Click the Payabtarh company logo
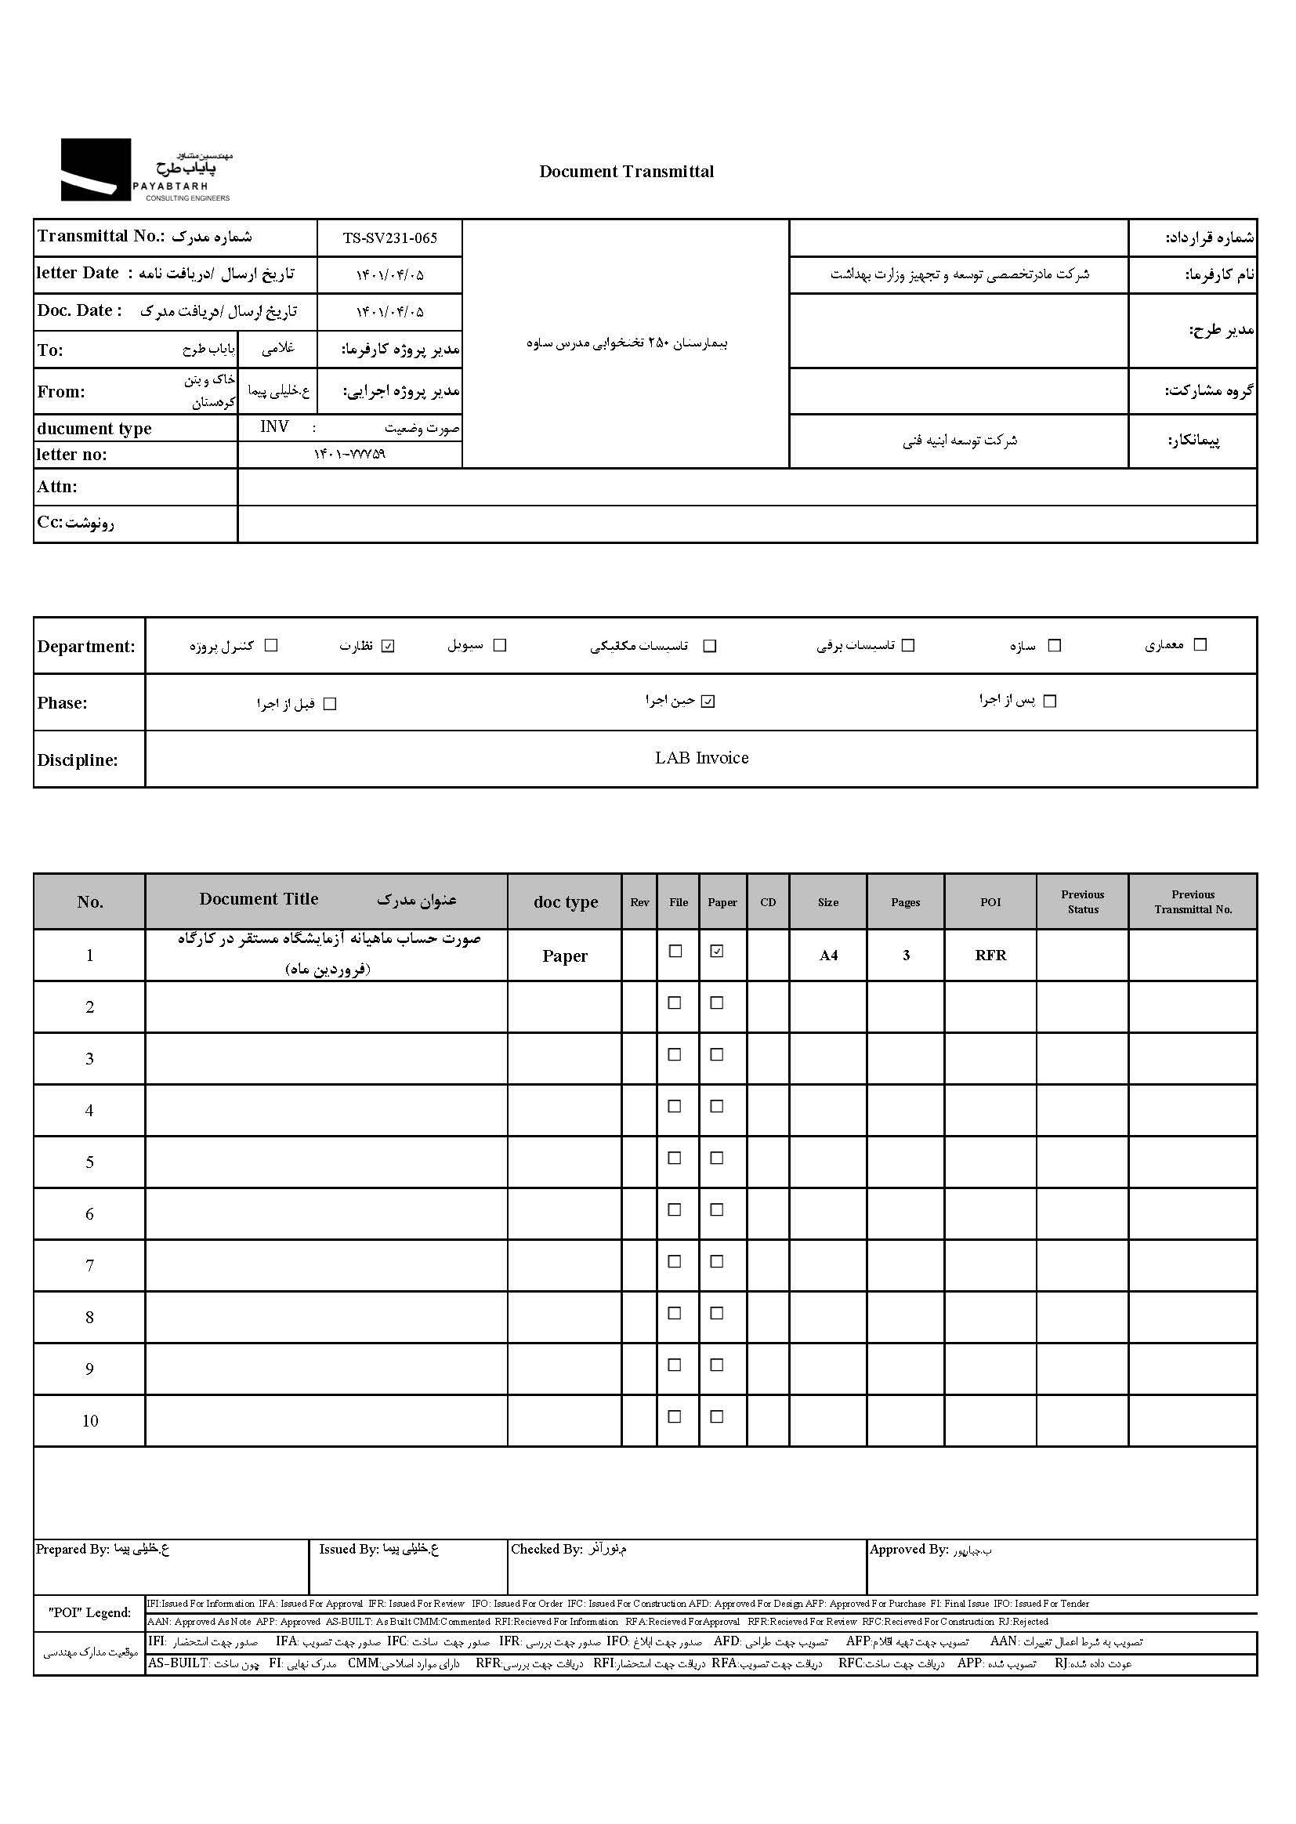point(145,170)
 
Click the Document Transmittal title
point(627,172)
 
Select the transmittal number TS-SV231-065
point(389,238)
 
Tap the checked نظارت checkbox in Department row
point(389,646)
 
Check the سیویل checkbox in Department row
point(501,645)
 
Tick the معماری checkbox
point(1200,644)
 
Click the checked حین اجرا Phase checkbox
point(708,702)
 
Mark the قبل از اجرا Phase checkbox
point(330,704)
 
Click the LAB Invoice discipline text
point(701,758)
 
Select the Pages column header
point(905,902)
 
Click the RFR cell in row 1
point(990,956)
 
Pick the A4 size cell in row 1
point(828,956)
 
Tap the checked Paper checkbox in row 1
point(717,951)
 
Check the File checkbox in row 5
point(675,1158)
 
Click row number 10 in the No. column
point(89,1421)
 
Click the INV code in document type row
point(274,427)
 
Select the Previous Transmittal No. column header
point(1193,902)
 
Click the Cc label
point(75,523)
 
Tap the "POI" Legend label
point(89,1612)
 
